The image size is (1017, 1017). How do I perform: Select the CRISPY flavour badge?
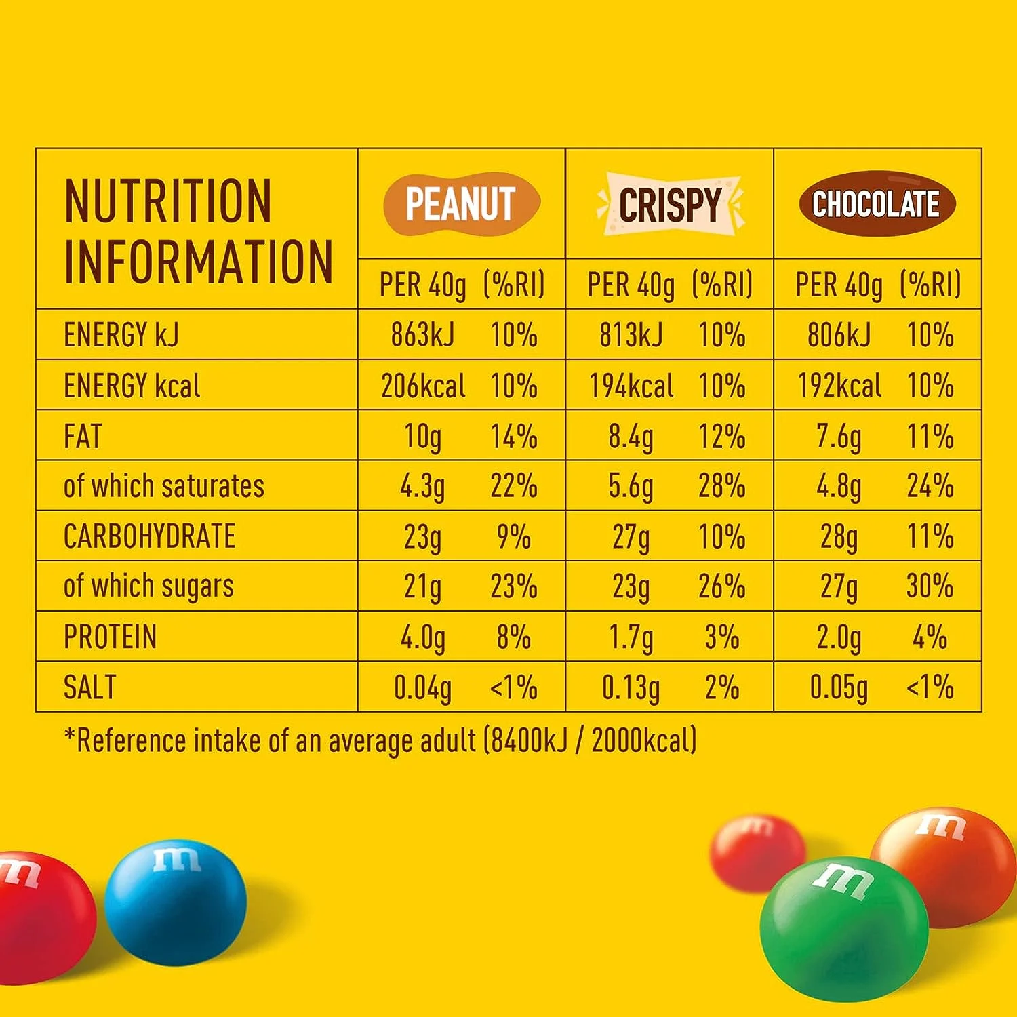[x=670, y=204]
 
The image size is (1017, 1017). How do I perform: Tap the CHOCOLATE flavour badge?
[x=877, y=203]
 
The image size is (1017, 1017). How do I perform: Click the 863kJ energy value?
[x=422, y=335]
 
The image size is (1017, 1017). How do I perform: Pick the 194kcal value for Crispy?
[x=631, y=386]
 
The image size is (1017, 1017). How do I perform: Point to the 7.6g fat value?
[x=839, y=437]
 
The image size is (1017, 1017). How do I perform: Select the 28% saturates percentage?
[x=721, y=486]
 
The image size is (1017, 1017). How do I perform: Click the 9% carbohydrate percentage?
[x=513, y=536]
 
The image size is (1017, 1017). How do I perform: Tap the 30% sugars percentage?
[x=930, y=586]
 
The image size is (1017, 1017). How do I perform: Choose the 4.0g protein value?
[x=422, y=637]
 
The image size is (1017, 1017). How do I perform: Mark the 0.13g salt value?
[x=631, y=688]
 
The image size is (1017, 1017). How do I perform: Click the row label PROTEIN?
[x=110, y=637]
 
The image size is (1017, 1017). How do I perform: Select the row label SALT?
[x=89, y=687]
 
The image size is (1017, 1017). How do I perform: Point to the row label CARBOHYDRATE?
[x=149, y=536]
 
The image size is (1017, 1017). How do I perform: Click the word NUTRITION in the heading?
[x=167, y=201]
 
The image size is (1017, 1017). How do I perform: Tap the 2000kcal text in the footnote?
[x=643, y=740]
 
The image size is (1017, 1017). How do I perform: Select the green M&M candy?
[x=843, y=929]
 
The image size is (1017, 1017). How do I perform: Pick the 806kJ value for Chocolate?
[x=839, y=335]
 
